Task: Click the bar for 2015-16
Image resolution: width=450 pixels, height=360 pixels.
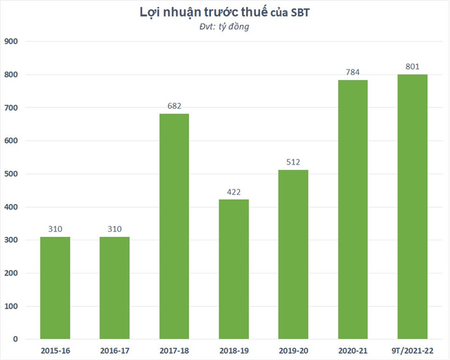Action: pyautogui.click(x=55, y=288)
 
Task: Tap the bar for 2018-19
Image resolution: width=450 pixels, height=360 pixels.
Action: pyautogui.click(x=233, y=269)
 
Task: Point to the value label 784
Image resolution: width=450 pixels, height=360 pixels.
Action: pyautogui.click(x=352, y=72)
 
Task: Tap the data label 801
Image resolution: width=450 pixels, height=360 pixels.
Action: pyautogui.click(x=412, y=67)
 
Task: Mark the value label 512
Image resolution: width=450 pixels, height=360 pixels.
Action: pyautogui.click(x=293, y=162)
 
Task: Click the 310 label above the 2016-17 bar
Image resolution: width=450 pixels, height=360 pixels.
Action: pyautogui.click(x=115, y=229)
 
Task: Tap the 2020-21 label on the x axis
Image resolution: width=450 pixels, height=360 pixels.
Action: pyautogui.click(x=352, y=349)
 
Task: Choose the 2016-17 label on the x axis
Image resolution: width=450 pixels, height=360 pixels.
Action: pyautogui.click(x=115, y=349)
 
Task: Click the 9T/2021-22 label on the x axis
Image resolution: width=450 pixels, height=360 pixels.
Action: pyautogui.click(x=412, y=349)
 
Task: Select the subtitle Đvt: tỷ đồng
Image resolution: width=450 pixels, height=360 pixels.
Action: pyautogui.click(x=225, y=27)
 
